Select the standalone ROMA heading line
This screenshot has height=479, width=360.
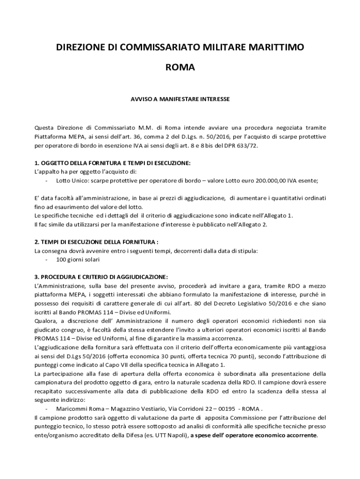(x=180, y=68)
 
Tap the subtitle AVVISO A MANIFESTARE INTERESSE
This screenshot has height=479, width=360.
(x=180, y=99)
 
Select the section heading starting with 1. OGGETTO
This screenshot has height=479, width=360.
(x=113, y=163)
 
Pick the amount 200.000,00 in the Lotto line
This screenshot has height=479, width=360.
(x=266, y=181)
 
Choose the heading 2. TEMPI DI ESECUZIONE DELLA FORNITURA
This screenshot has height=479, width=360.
(x=97, y=242)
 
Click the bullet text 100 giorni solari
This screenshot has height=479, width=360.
(x=78, y=259)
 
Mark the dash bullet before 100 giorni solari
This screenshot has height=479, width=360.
(x=47, y=259)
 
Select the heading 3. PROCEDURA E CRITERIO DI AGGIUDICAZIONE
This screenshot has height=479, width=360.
(x=101, y=276)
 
